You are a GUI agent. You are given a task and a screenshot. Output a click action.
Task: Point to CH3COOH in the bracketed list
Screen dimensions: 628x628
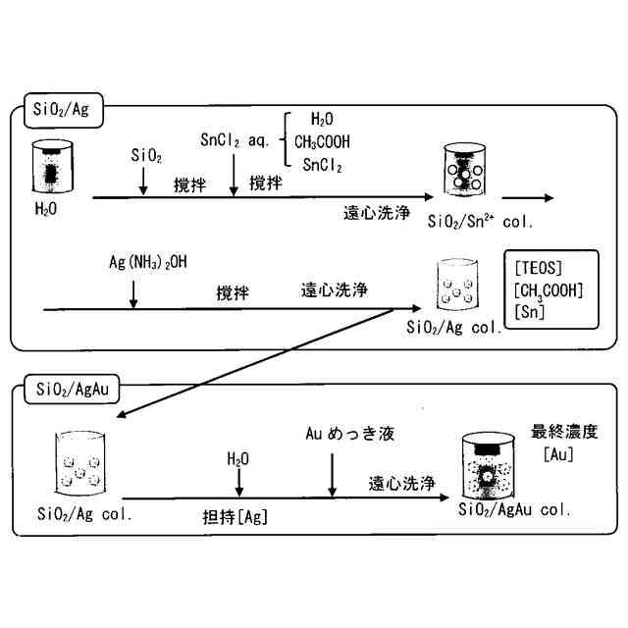pyautogui.click(x=322, y=141)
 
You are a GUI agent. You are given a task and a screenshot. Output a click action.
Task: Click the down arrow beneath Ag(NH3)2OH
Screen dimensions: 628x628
pyautogui.click(x=133, y=291)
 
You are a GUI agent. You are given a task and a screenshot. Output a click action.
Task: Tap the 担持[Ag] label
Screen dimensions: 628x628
pyautogui.click(x=233, y=516)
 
